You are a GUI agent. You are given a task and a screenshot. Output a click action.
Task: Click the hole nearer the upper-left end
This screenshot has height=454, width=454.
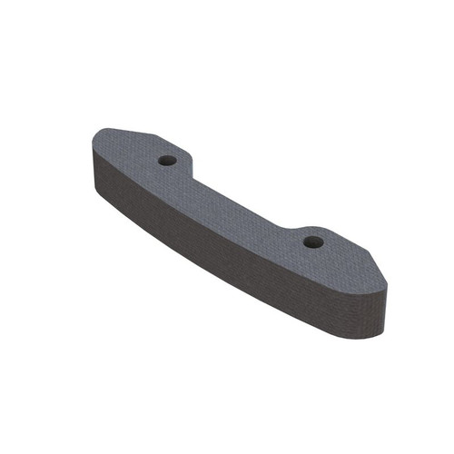166,160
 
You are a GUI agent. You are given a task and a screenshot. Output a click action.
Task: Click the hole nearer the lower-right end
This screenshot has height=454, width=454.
313,242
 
